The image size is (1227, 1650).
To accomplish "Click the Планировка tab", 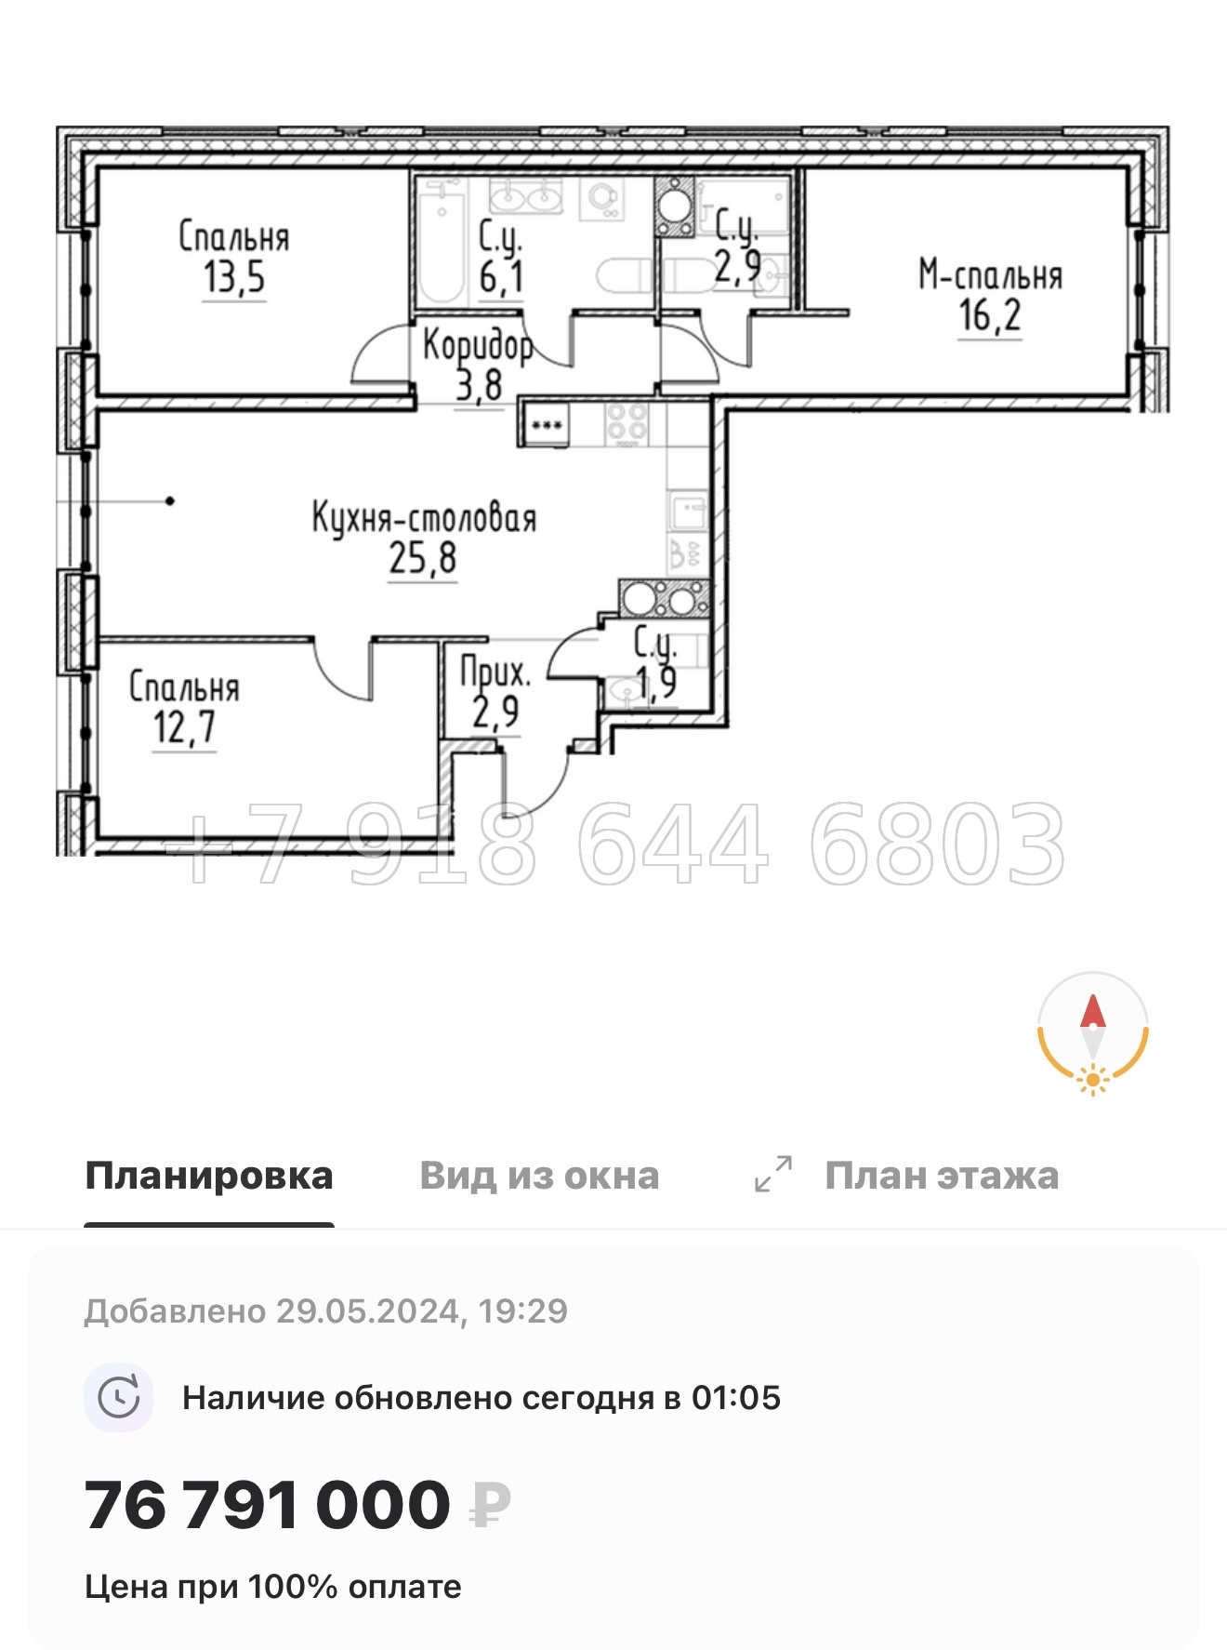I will (x=208, y=1176).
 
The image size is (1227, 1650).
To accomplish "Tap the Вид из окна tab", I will (x=539, y=1176).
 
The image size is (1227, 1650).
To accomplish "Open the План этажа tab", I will (x=941, y=1176).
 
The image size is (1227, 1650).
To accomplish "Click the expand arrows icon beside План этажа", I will (x=773, y=1174).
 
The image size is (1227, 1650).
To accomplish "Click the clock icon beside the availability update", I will (x=119, y=1397).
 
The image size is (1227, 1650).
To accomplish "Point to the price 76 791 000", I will (x=268, y=1505).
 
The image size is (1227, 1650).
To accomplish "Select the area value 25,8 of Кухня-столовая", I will (x=423, y=558).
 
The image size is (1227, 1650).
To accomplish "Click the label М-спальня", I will (x=990, y=275).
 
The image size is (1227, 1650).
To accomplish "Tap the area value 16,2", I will (x=990, y=315).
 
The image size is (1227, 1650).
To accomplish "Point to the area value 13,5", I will (x=234, y=277).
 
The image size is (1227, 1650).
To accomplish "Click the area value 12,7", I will (x=184, y=727).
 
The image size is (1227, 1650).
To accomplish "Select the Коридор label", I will (x=478, y=345).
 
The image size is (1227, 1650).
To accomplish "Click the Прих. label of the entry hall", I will (x=495, y=672).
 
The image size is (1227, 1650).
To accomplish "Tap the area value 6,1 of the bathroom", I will (x=501, y=277).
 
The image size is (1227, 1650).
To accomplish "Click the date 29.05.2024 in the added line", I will (x=368, y=1311).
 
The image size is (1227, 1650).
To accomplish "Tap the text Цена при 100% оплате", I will (x=273, y=1587).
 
